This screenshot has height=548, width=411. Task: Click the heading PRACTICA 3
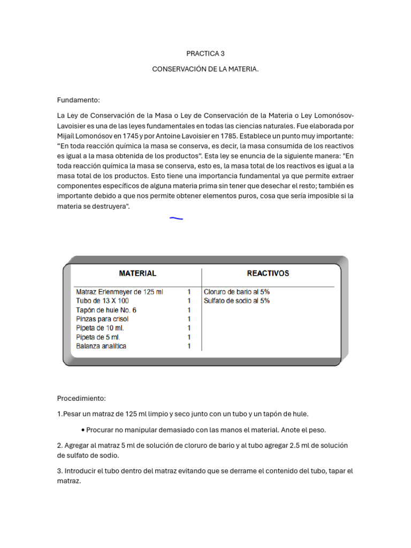click(x=205, y=54)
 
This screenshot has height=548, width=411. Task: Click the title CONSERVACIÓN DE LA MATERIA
click(x=205, y=70)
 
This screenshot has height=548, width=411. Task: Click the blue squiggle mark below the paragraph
click(x=176, y=218)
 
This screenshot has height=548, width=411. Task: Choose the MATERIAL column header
click(x=138, y=273)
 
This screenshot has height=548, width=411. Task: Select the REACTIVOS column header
click(x=268, y=273)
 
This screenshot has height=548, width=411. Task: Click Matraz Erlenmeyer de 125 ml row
click(x=120, y=292)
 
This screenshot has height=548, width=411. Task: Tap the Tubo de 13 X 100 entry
click(x=102, y=301)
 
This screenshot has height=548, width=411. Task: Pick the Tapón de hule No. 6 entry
click(x=106, y=310)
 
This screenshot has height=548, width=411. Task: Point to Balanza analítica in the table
click(x=101, y=346)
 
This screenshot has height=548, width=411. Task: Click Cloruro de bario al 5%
click(x=237, y=292)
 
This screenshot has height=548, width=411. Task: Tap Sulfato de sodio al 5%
click(x=237, y=301)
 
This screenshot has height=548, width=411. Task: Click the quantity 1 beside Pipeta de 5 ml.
click(x=189, y=337)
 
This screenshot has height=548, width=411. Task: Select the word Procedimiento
click(x=81, y=398)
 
